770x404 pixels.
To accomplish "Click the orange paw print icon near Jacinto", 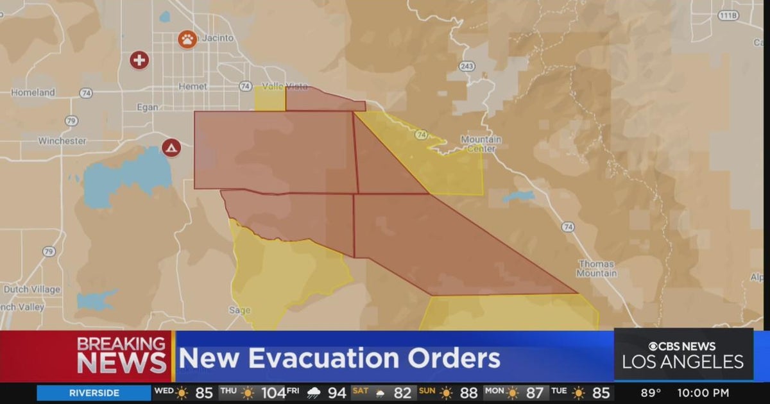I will pos(187,39).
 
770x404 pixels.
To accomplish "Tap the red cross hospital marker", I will pos(139,60).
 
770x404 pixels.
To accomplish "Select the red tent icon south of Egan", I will pos(171,148).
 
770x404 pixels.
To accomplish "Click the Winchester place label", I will pos(62,140).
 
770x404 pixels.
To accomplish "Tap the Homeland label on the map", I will pos(33,92).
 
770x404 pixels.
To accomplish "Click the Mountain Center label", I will pos(481,144).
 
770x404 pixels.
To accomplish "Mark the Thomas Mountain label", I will pos(597,268).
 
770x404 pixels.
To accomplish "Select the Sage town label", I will pos(239,310).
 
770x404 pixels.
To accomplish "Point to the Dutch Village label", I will pos(31,289).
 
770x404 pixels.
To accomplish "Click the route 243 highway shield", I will pos(466,66).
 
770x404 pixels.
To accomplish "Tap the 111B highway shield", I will pos(727,15).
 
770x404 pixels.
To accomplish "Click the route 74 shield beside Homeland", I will pos(85,93).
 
